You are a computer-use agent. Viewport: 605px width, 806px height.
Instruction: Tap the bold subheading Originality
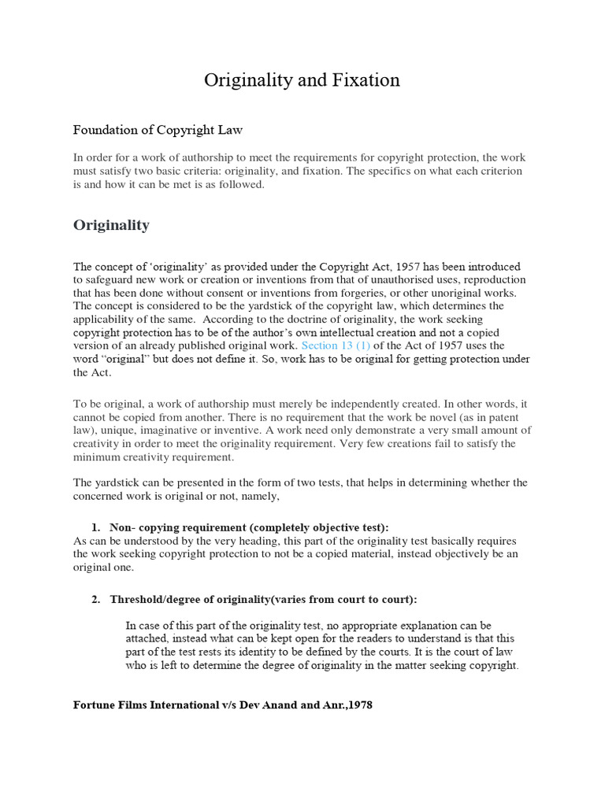tap(111, 225)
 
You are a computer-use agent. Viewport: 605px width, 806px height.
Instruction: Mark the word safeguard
tap(111, 280)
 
